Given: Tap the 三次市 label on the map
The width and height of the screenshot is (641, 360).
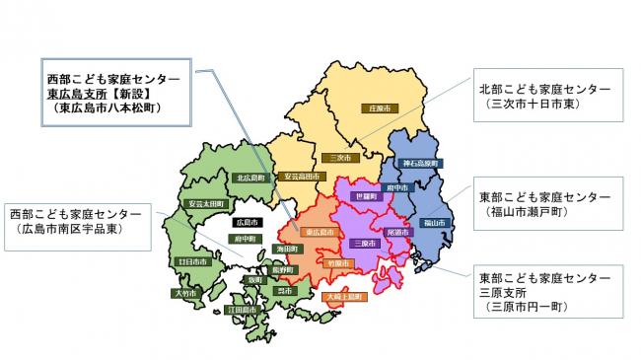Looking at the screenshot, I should click(x=337, y=157).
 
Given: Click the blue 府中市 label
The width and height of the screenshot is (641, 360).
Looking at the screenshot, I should click(x=396, y=185).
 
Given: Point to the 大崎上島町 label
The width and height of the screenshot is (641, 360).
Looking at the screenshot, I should click(x=344, y=296).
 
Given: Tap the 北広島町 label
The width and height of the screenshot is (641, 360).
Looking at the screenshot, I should click(x=249, y=179).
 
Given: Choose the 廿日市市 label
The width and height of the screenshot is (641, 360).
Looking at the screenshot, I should click(x=191, y=262).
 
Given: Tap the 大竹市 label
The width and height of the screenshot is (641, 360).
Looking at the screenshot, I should click(x=186, y=293).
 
